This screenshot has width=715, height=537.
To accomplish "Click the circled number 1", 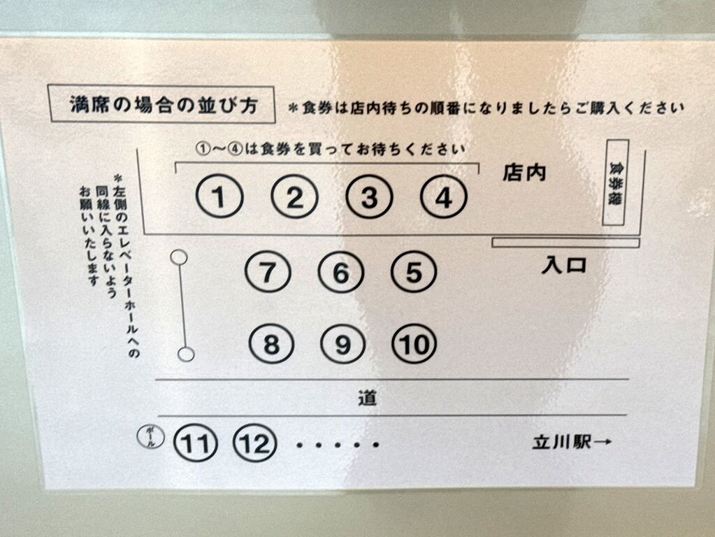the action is tap(219, 197).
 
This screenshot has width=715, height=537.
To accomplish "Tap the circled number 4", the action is tap(443, 197).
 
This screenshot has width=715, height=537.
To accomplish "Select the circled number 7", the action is tap(268, 273).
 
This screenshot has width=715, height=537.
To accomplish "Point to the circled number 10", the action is tap(414, 344).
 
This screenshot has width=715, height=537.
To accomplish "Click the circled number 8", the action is tap(271, 343).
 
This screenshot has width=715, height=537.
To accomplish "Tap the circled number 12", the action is tap(255, 443).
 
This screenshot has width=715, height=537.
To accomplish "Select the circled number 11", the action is tap(196, 443).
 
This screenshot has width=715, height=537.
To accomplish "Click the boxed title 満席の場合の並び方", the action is tap(161, 104).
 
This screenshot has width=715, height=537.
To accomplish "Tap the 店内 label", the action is tap(524, 173).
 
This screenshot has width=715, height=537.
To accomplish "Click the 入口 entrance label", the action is tap(563, 265).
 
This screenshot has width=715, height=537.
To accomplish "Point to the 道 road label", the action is tap(367, 399).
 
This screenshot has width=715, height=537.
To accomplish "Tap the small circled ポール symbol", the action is tap(151, 436).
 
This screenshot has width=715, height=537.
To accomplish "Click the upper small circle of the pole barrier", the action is tap(179, 257).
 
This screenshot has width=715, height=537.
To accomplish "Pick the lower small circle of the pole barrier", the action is tap(186, 354).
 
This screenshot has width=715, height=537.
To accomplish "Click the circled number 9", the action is tap(342, 344).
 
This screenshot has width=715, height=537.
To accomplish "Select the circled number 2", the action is tap(294, 197).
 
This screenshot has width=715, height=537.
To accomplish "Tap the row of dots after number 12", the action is tap(338, 444).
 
